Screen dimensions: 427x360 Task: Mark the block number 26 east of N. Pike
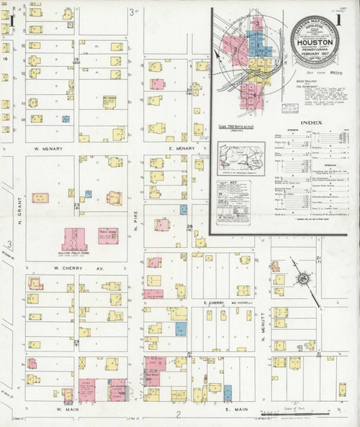190,228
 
